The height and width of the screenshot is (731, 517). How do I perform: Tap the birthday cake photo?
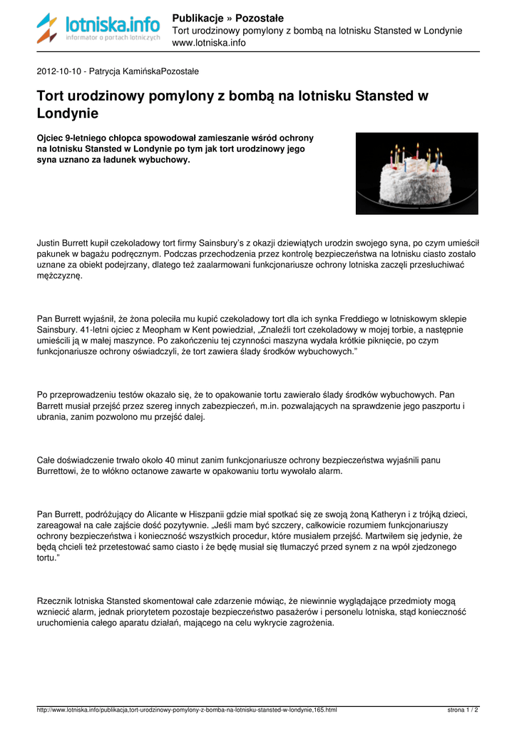[x=416, y=173]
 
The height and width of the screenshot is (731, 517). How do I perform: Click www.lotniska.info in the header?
[x=209, y=43]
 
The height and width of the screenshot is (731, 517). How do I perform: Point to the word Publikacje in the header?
[x=198, y=18]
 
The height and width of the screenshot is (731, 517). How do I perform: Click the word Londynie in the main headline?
[x=67, y=113]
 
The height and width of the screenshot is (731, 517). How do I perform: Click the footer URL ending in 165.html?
[x=187, y=710]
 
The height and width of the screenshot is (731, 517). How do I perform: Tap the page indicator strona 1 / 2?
[x=463, y=710]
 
